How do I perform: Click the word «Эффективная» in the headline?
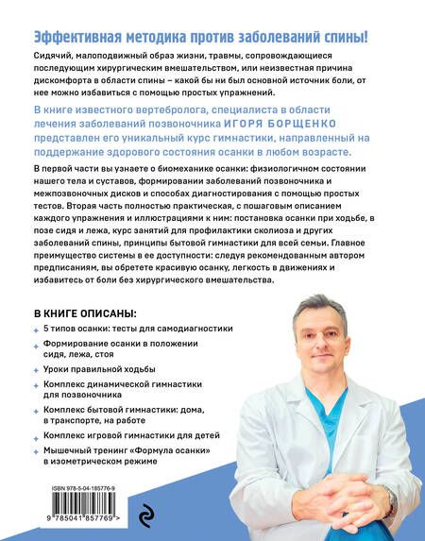point(75,37)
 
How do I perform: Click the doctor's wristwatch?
point(388,503)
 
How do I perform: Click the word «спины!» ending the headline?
point(345,37)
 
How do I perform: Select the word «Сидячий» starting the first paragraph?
point(54,59)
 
